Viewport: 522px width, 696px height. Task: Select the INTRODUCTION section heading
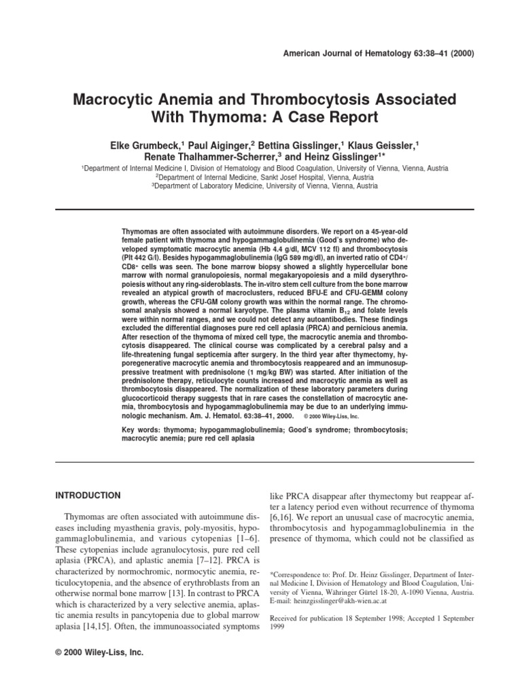(x=88, y=495)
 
